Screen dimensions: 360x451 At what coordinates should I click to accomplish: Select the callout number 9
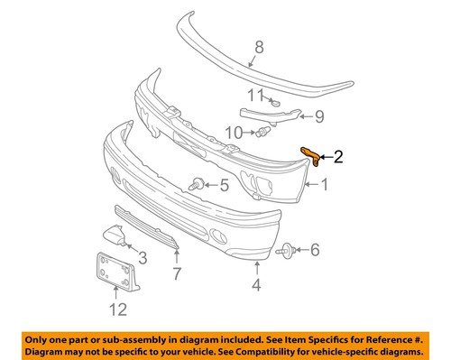pyautogui.click(x=318, y=116)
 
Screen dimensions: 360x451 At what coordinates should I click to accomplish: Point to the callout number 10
pyautogui.click(x=232, y=133)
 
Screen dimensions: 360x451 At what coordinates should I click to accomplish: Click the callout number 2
pyautogui.click(x=338, y=158)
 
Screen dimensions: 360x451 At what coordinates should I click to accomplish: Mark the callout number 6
pyautogui.click(x=314, y=249)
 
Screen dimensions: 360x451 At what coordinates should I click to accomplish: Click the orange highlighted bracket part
pyautogui.click(x=312, y=159)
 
